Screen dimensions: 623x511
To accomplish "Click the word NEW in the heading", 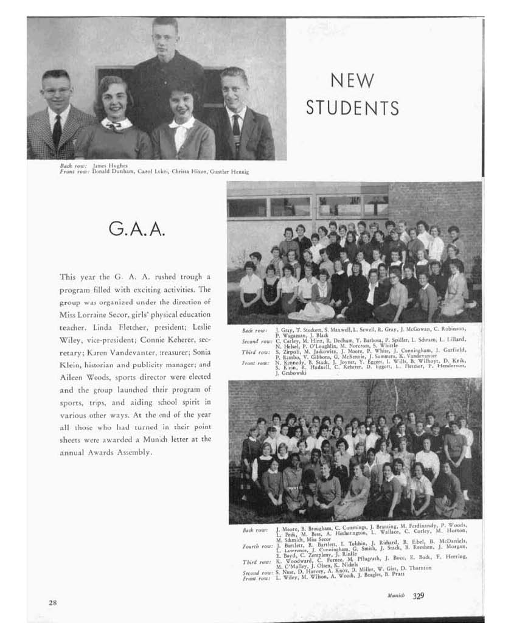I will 352,80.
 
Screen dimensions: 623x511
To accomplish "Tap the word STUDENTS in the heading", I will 352,108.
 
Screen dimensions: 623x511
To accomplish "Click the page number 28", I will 53,602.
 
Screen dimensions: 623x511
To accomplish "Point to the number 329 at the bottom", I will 419,596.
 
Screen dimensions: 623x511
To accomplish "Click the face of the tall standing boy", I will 164,38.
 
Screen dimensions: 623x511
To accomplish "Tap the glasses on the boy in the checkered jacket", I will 57,90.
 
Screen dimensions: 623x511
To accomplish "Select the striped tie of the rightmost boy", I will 236,130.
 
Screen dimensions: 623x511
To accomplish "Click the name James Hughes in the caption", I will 110,165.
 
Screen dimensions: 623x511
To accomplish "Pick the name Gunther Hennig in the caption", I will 229,172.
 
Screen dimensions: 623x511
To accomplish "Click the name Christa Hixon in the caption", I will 184,172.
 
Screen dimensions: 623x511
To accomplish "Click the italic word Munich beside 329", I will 396,596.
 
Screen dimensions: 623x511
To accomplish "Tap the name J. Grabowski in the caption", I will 291,373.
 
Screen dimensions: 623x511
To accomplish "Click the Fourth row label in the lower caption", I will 255,546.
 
